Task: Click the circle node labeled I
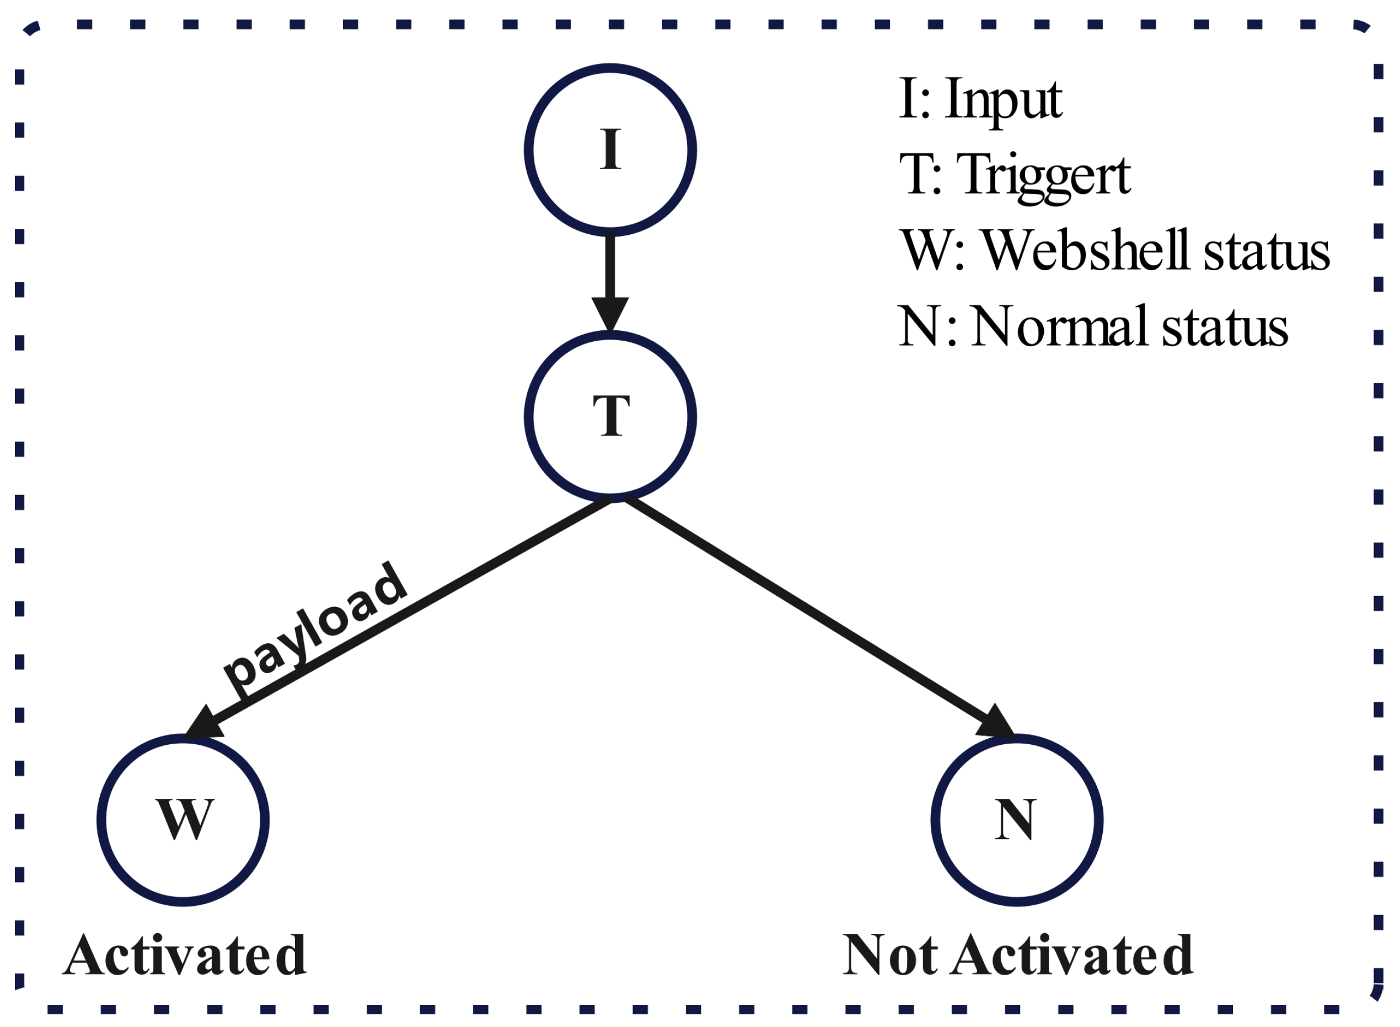[610, 150]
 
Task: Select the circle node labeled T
[610, 417]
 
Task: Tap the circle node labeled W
[183, 820]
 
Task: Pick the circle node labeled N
[1016, 820]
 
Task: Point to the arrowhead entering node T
[610, 314]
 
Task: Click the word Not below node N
[890, 955]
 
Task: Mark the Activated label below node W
[185, 955]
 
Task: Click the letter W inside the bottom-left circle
[185, 819]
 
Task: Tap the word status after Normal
[1225, 328]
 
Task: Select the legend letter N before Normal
[918, 326]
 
